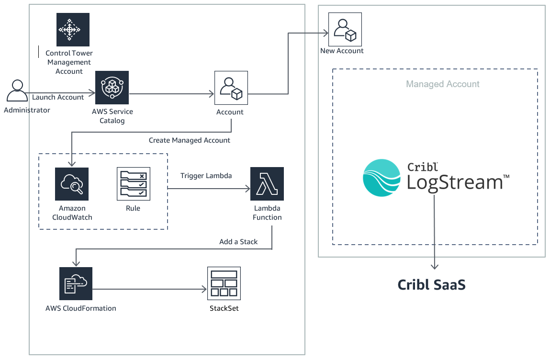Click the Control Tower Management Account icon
pyautogui.click(x=73, y=29)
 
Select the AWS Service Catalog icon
pyautogui.click(x=112, y=88)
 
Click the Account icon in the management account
pyautogui.click(x=231, y=88)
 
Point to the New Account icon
pyautogui.click(x=345, y=29)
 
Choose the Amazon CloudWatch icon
pyautogui.click(x=71, y=184)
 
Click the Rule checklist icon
pyautogui.click(x=134, y=184)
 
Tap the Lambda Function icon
pyautogui.click(x=267, y=184)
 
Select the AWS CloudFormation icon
pyautogui.click(x=76, y=283)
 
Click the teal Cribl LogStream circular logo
pyautogui.click(x=382, y=178)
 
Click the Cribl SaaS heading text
pyautogui.click(x=431, y=285)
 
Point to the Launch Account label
pyautogui.click(x=58, y=97)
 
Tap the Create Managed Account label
pyautogui.click(x=190, y=140)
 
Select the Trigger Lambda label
pyautogui.click(x=206, y=176)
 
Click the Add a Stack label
pyautogui.click(x=238, y=242)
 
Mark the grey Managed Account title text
pyautogui.click(x=443, y=84)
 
